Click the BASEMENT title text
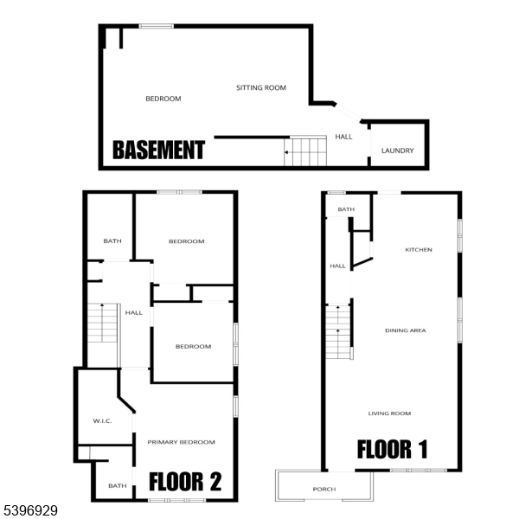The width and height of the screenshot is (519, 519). (x=159, y=150)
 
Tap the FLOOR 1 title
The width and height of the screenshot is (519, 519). (x=393, y=449)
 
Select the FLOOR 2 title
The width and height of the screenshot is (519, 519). (x=185, y=481)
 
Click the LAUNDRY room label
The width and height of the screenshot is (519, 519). (x=398, y=151)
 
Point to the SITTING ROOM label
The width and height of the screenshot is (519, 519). (x=261, y=87)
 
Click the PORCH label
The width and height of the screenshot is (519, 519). (x=324, y=489)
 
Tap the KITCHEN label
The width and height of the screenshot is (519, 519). (x=419, y=250)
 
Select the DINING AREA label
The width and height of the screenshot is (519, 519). (x=406, y=330)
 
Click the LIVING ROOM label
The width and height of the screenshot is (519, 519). (x=389, y=413)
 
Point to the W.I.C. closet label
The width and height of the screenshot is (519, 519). (x=102, y=421)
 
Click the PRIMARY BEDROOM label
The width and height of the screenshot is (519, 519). (x=181, y=442)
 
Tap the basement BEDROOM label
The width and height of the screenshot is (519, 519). (x=163, y=99)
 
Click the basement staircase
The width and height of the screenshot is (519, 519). (x=305, y=152)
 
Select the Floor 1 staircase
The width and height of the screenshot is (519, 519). (x=338, y=332)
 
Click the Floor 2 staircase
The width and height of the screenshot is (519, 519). (x=103, y=323)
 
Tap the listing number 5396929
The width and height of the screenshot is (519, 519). (x=30, y=510)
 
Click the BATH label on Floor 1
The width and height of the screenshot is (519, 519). (x=346, y=209)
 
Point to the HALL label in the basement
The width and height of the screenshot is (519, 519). (x=343, y=137)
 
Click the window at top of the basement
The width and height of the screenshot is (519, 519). (x=157, y=26)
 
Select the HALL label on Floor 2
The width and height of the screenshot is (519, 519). (x=134, y=312)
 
